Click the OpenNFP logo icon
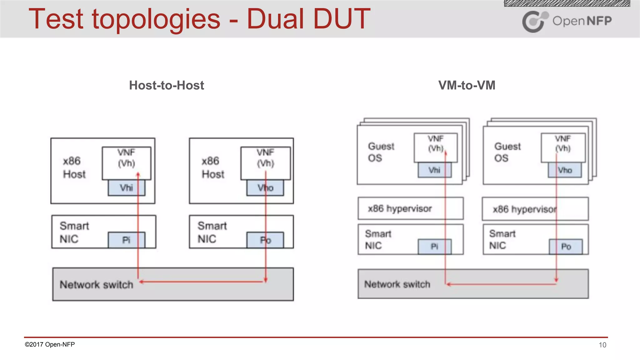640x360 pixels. pyautogui.click(x=534, y=21)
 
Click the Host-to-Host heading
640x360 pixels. pyautogui.click(x=167, y=85)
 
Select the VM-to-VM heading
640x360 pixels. pyautogui.click(x=467, y=85)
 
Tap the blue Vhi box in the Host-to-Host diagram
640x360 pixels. pyautogui.click(x=127, y=188)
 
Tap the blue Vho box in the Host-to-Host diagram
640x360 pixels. pyautogui.click(x=265, y=188)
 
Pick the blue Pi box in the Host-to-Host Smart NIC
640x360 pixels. pyautogui.click(x=126, y=240)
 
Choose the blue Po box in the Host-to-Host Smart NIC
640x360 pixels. pyautogui.click(x=265, y=240)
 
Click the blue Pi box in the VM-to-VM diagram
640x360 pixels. pyautogui.click(x=434, y=247)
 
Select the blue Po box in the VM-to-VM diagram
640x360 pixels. pyautogui.click(x=566, y=247)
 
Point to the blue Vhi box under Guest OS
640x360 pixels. pyautogui.click(x=434, y=170)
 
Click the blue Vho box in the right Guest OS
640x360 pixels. pyautogui.click(x=565, y=170)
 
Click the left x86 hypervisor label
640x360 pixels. pyautogui.click(x=400, y=208)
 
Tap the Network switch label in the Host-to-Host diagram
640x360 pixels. pyautogui.click(x=96, y=285)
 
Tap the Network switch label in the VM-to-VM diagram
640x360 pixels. pyautogui.click(x=397, y=284)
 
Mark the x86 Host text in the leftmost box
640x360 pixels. pyautogui.click(x=74, y=167)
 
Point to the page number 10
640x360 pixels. pyautogui.click(x=602, y=345)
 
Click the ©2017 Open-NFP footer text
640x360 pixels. pyautogui.click(x=50, y=344)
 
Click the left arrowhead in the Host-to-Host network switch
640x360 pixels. pyautogui.click(x=142, y=282)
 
